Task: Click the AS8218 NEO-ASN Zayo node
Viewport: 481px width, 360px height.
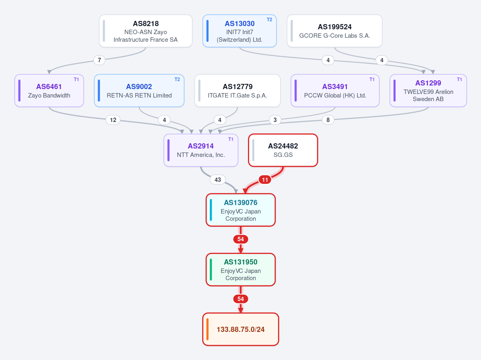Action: coord(146,31)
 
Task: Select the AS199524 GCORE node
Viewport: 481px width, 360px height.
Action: coord(335,31)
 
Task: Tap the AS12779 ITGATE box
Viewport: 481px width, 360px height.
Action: coord(237,91)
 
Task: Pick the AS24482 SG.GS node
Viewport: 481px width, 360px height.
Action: coord(283,151)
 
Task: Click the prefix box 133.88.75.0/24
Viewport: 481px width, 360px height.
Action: coord(241,329)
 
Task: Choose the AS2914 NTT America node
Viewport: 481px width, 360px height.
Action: coord(201,151)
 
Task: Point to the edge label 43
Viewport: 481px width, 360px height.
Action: coord(218,179)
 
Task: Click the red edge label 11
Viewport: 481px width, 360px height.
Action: coord(265,179)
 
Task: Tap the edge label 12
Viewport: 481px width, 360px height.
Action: coord(113,120)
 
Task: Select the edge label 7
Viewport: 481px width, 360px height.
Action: coord(99,60)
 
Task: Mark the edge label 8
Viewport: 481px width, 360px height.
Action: coord(328,120)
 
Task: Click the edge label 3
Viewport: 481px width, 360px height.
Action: coord(275,120)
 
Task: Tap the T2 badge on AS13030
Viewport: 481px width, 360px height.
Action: coord(269,20)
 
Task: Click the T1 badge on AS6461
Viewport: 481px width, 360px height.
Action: coord(76,79)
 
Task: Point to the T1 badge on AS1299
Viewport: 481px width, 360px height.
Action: coord(459,79)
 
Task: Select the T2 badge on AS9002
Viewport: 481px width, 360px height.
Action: coord(177,79)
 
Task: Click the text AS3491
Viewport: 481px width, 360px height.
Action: coord(335,87)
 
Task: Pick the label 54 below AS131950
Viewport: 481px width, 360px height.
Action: coord(241,299)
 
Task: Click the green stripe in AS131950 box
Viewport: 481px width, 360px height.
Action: coord(211,269)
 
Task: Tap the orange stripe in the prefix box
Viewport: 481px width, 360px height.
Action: coord(208,329)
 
